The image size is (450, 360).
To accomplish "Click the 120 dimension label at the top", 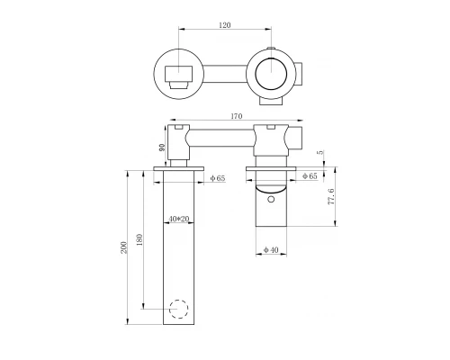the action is point(225,25).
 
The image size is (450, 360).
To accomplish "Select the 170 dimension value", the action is point(237,116).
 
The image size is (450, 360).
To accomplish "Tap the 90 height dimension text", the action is point(162,148).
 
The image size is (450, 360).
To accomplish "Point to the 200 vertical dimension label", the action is point(124,247).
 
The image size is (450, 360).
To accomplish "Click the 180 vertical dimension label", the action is point(139,239).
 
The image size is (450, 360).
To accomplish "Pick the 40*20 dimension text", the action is point(179,219).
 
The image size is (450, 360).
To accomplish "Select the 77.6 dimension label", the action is point(331,197).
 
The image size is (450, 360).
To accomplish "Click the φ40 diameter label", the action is point(271,249).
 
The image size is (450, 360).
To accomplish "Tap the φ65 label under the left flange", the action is point(218,178).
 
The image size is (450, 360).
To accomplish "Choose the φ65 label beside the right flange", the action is point(310,176).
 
